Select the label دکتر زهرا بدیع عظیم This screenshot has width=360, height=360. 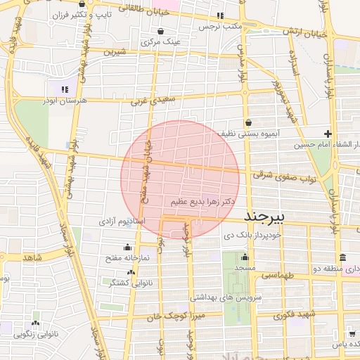click(x=200, y=202)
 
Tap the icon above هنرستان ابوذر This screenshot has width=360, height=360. click(x=64, y=89)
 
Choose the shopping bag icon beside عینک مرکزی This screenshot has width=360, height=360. click(x=162, y=32)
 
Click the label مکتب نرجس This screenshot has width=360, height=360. click(x=219, y=27)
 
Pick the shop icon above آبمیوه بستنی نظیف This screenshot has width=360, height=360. click(x=248, y=122)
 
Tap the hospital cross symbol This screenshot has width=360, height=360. click(x=328, y=134)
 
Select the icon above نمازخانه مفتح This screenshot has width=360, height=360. click(x=127, y=247)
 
